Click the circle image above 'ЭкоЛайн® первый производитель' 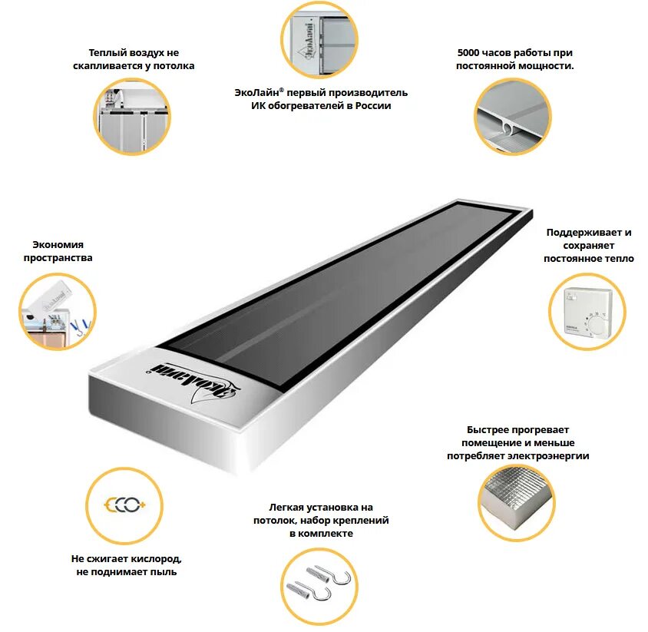(320, 41)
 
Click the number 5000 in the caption (469, 53)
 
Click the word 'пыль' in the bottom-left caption (164, 572)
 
